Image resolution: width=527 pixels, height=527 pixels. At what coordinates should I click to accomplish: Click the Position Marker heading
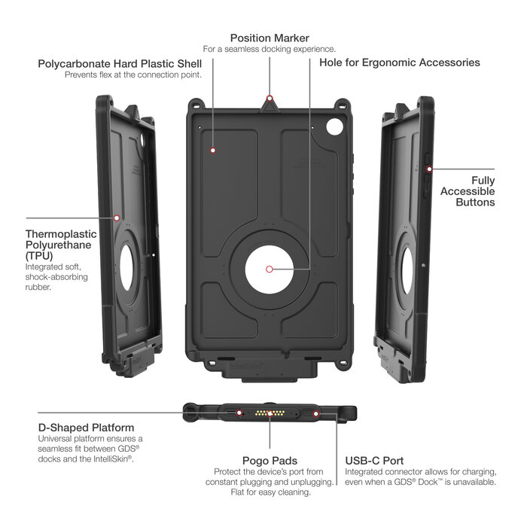pyautogui.click(x=270, y=38)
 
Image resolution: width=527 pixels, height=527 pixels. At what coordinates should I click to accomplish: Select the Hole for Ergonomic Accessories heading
pyautogui.click(x=399, y=62)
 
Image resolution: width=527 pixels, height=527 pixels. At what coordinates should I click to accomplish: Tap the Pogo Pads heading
pyautogui.click(x=270, y=459)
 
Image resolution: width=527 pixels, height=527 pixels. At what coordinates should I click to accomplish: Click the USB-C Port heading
pyautogui.click(x=375, y=459)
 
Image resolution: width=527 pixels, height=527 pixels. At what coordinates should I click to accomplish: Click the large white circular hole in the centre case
pyautogui.click(x=269, y=269)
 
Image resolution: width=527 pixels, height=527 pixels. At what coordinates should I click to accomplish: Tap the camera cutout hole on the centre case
pyautogui.click(x=333, y=129)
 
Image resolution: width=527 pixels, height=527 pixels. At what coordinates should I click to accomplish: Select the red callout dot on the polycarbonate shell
pyautogui.click(x=213, y=150)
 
